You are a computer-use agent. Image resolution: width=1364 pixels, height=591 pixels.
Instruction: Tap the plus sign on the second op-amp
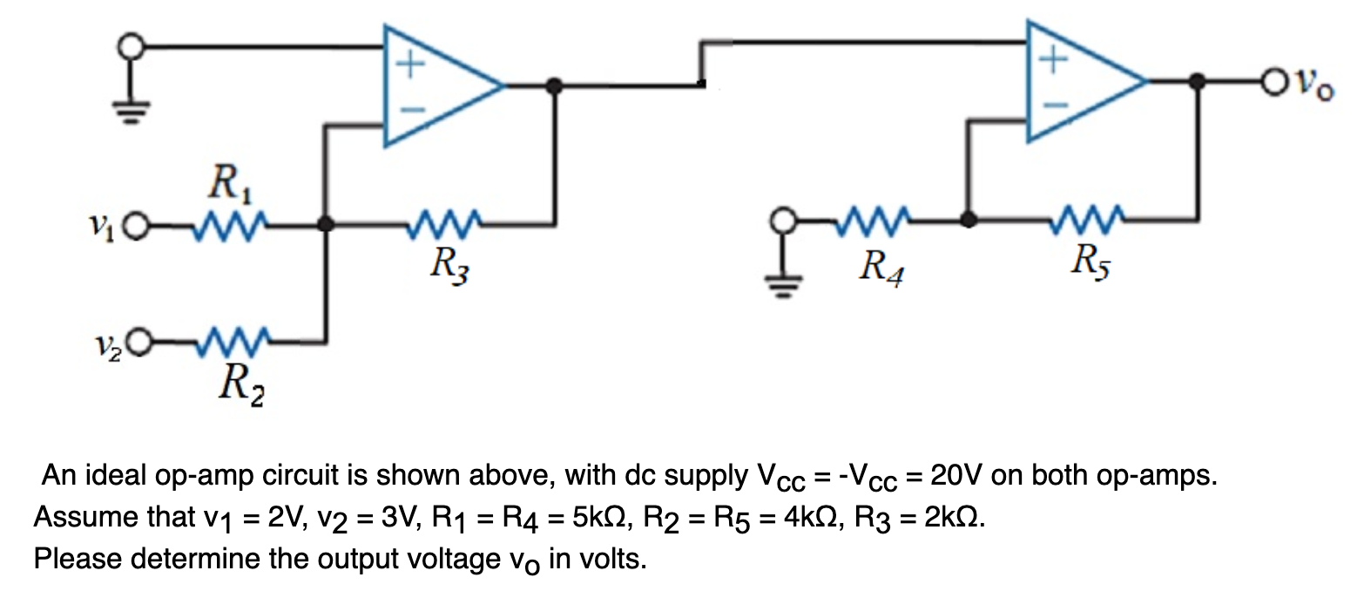pos(1053,59)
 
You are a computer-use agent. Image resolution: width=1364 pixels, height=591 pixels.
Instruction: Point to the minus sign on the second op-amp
pos(1053,105)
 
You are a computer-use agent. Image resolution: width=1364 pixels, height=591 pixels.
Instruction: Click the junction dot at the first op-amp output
pos(551,85)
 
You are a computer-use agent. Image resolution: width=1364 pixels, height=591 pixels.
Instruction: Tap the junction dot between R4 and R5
pos(966,220)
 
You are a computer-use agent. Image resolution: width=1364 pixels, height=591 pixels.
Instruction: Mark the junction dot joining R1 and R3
pos(326,225)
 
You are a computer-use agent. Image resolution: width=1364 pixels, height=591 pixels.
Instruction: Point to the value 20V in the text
pos(956,477)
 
